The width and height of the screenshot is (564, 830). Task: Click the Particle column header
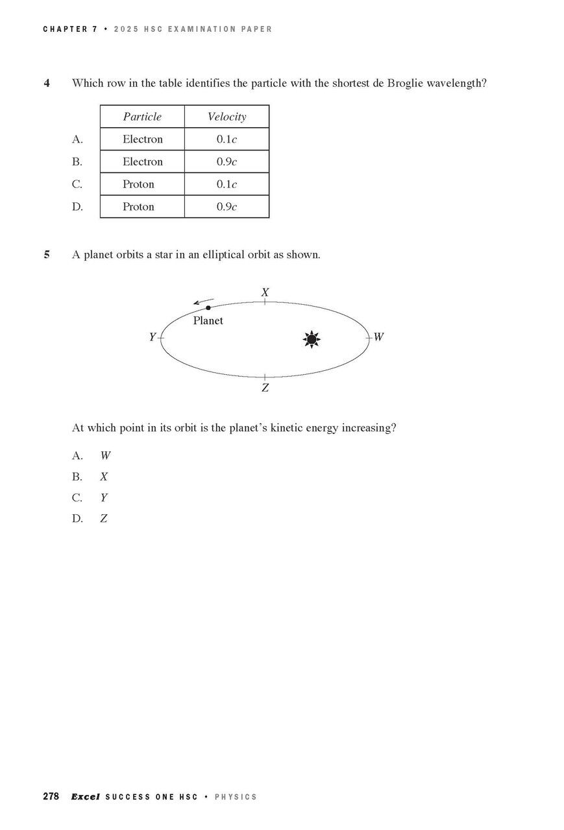[142, 117]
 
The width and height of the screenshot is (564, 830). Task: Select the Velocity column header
[227, 117]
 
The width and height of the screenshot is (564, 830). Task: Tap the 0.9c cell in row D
[227, 207]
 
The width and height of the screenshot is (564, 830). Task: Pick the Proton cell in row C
[138, 184]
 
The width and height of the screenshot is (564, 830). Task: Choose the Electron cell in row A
[142, 139]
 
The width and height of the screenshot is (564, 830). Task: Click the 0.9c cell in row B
[227, 162]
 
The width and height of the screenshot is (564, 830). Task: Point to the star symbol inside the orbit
[312, 339]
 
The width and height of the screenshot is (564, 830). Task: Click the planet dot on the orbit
[208, 307]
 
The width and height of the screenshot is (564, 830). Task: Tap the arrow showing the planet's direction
[203, 302]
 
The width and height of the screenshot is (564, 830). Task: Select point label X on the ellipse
[265, 292]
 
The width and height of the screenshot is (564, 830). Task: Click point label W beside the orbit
[378, 337]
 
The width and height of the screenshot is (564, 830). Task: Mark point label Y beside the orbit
[153, 337]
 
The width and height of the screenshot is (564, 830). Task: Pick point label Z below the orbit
[265, 388]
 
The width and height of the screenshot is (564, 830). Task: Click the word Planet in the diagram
[208, 320]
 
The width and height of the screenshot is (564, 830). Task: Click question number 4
[47, 84]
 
